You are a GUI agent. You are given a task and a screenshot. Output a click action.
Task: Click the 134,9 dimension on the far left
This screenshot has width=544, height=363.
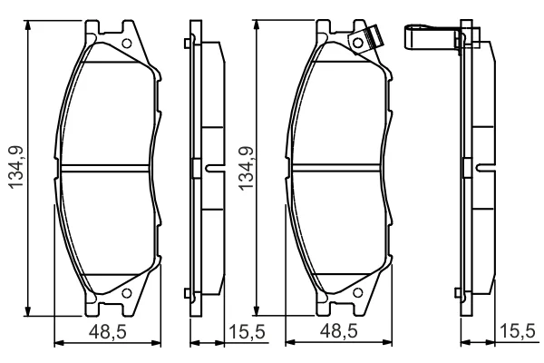click(x=16, y=167)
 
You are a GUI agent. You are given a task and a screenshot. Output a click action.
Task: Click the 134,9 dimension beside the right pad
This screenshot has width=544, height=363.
click(x=247, y=169)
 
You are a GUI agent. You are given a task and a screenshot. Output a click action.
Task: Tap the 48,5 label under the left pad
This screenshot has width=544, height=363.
click(x=108, y=332)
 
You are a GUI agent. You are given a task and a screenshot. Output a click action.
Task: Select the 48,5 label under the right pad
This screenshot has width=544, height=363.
click(x=338, y=331)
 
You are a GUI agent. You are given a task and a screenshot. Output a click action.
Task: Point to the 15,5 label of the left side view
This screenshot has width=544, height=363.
click(x=247, y=332)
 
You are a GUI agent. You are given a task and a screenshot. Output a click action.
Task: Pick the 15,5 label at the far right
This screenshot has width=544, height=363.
click(x=518, y=331)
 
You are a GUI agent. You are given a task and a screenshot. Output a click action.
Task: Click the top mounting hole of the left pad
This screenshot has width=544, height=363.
click(x=127, y=44)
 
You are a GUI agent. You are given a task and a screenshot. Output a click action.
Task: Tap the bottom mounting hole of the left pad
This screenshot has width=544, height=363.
click(x=127, y=293)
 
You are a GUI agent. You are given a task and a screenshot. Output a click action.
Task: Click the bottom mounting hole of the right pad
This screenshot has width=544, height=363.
click(x=358, y=293)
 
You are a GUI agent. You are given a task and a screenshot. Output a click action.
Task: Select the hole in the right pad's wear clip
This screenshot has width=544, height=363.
click(x=358, y=43)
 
